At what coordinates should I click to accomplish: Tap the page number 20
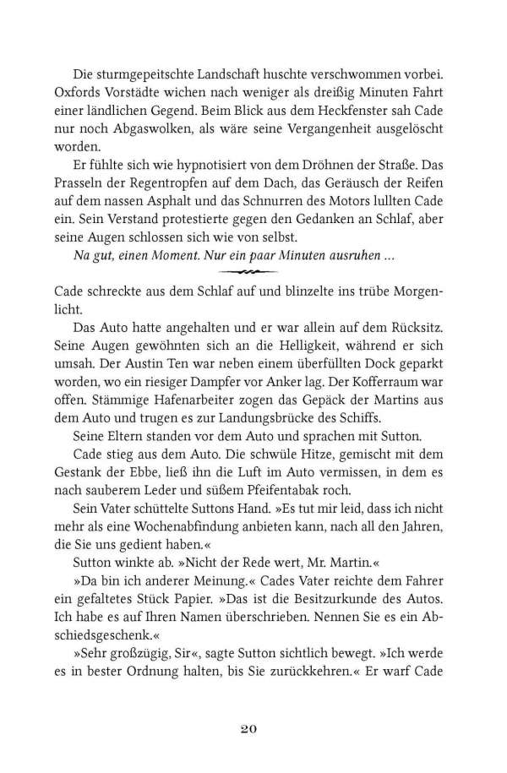tap(253, 728)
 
